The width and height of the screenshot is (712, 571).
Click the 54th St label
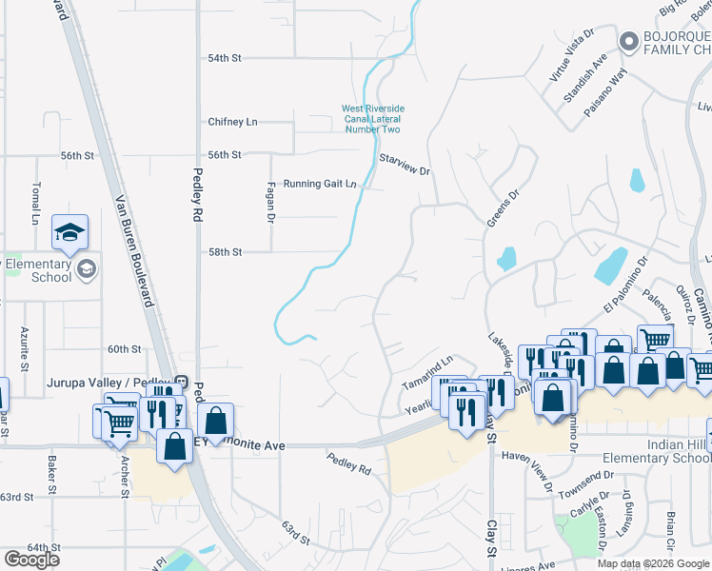pos(226,58)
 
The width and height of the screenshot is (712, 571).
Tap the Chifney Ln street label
pos(232,122)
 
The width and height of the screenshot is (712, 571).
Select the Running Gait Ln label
pos(319,184)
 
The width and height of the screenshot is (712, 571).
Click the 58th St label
pos(226,252)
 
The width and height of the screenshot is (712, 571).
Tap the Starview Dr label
pos(405,165)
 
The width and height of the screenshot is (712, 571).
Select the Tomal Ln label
pos(35,203)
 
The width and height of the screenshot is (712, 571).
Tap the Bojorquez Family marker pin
pos(627,42)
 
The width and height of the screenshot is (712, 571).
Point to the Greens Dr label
pos(503,208)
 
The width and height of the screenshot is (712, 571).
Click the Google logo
pos(30,560)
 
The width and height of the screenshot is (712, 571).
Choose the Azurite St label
pos(25,347)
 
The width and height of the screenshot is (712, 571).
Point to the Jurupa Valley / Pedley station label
pos(109,384)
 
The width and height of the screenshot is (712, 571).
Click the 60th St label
pos(124,349)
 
